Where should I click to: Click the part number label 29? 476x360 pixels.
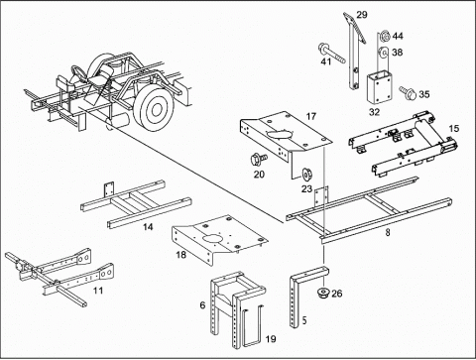coord(362,15)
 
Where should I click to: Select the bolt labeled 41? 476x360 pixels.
coord(331,53)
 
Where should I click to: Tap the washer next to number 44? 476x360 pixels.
coord(385,36)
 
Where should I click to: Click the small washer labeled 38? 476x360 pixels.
coord(384,53)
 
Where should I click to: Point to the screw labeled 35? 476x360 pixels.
coord(408,92)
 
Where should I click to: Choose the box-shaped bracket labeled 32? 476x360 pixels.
coord(381,88)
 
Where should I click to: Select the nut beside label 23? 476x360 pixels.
coord(306,175)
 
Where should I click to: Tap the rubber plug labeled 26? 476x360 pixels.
coord(323,294)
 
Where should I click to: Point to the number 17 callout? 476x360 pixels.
coord(311,116)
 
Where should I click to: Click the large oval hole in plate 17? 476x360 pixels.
coord(280,135)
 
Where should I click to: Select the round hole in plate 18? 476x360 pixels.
coord(212,239)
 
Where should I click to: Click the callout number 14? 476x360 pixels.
coord(148,227)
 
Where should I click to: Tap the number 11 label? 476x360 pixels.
coord(98,291)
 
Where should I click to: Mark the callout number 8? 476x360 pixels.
coord(388,233)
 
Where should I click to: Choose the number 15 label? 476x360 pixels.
coord(454,128)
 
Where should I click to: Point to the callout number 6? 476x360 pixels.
coord(202,305)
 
